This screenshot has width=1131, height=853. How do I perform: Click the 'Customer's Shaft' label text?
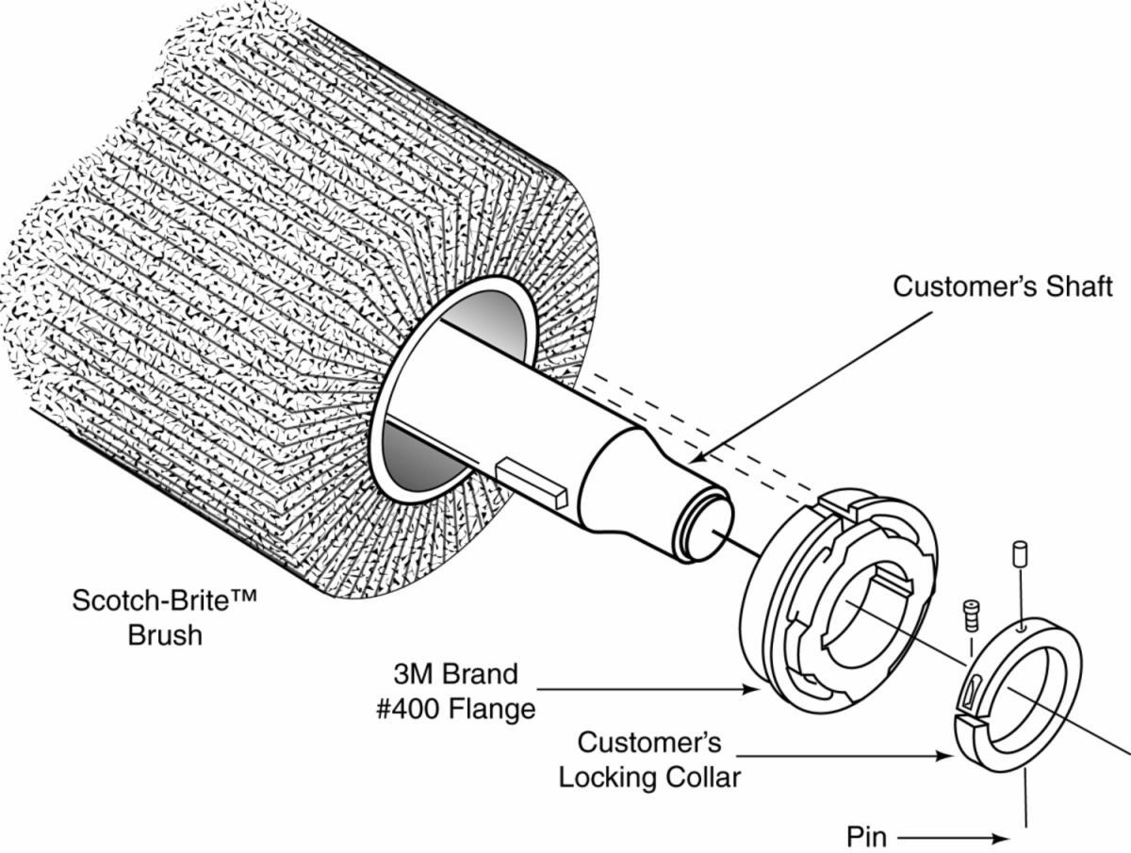[x=1003, y=287]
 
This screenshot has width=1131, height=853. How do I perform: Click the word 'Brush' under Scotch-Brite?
[x=165, y=634]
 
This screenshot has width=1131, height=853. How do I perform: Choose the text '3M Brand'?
[x=455, y=674]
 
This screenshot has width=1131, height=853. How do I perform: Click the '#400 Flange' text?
[x=455, y=707]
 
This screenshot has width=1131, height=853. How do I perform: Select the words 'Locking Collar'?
[x=649, y=777]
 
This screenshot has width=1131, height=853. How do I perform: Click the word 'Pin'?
[x=866, y=836]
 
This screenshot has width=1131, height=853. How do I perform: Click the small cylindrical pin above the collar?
[x=1017, y=553]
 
